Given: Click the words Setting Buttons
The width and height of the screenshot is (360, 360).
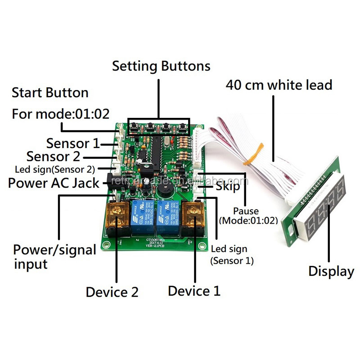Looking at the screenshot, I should pos(161,66).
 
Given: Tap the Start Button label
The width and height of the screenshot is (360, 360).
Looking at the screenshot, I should pos(50,93).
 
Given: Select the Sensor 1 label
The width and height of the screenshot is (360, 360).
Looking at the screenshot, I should pos(73,144).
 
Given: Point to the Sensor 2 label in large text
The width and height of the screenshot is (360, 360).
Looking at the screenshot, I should pos(53,157).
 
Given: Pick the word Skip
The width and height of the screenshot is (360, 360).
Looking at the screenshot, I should pos(228,186).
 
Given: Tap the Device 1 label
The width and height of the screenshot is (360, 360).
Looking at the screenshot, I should pos(194,291).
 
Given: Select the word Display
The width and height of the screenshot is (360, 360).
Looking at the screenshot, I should pos(331,271).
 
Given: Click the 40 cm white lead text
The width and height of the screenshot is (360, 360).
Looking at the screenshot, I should pos(279,85).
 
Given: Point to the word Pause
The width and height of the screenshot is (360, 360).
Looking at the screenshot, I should pos(246,211).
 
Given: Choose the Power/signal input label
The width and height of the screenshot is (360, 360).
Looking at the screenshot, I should pos(54,256).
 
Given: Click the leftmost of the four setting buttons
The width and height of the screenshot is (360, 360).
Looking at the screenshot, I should pos(134,128).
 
